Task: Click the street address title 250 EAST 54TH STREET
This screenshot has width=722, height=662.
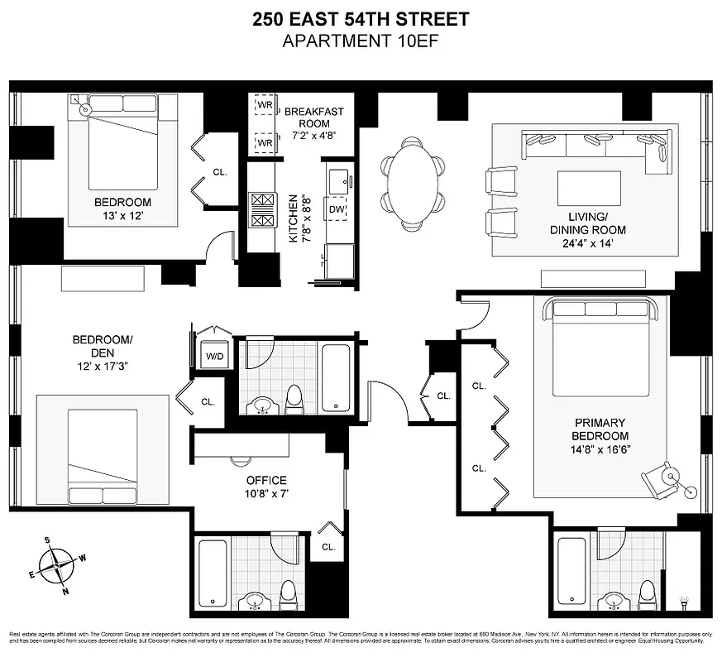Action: click(x=361, y=19)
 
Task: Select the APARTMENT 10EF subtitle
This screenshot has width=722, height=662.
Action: click(x=361, y=41)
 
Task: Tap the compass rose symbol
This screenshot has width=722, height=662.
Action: click(x=56, y=565)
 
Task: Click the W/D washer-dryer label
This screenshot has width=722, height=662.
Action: click(x=215, y=356)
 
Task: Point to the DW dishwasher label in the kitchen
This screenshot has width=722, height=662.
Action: click(x=337, y=210)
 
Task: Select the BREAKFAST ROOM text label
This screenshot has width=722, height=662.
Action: click(x=313, y=118)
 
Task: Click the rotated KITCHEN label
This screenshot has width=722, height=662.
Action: click(x=294, y=218)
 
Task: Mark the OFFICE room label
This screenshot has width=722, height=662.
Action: click(x=266, y=480)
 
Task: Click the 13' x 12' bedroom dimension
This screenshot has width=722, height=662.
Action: click(x=122, y=218)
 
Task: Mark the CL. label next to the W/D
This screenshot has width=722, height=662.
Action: click(x=208, y=402)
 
